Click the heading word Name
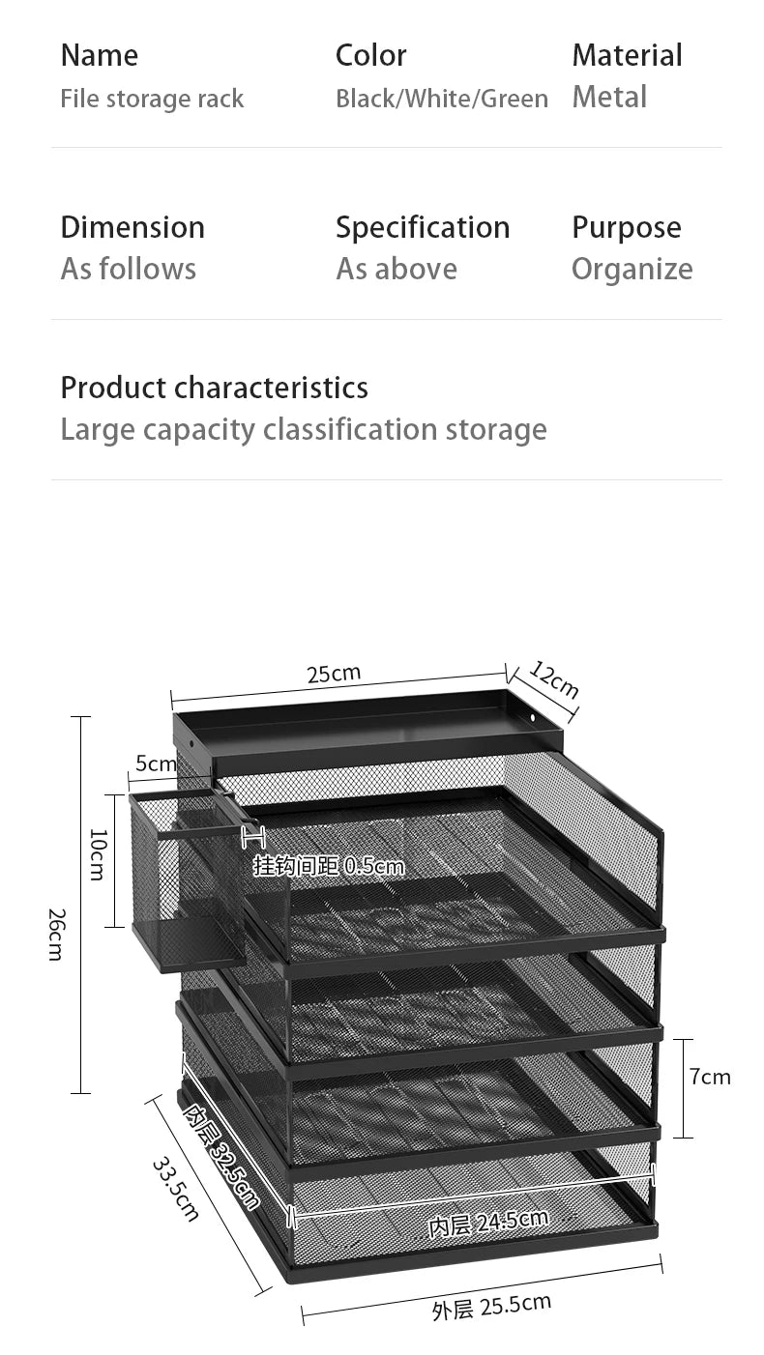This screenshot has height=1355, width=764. [100, 56]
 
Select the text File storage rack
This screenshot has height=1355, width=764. [152, 99]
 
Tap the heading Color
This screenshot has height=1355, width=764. [370, 56]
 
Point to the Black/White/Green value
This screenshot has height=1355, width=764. [442, 99]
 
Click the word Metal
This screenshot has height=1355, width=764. [609, 97]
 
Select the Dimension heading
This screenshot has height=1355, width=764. [132, 227]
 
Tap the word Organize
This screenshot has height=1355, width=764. [632, 270]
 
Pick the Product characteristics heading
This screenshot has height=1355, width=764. [215, 388]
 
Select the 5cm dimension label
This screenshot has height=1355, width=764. [156, 764]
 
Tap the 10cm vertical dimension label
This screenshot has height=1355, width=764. [98, 854]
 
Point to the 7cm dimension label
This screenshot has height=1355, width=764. [710, 1077]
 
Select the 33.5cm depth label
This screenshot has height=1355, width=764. [175, 1190]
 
